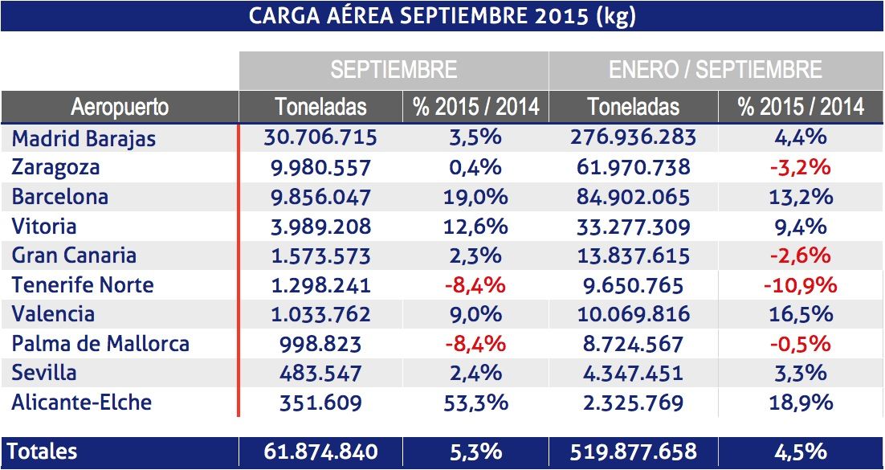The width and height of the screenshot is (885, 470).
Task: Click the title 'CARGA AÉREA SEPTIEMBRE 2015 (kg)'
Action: point(442,17)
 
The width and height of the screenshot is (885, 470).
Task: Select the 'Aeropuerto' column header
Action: point(120,106)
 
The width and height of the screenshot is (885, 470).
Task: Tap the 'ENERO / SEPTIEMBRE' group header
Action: point(715,70)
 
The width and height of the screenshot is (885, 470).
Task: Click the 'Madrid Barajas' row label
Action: point(84,138)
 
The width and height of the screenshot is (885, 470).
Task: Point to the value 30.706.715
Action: point(320,137)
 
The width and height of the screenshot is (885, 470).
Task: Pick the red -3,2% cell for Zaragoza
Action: point(800,167)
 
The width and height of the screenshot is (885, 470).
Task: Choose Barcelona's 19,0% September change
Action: point(475,197)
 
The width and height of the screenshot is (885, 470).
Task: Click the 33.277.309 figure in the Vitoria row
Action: point(633,227)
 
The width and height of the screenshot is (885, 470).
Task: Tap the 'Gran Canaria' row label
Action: point(74,255)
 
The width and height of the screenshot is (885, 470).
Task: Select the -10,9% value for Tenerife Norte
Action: point(800,285)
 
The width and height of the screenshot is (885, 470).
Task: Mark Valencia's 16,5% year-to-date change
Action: point(800,314)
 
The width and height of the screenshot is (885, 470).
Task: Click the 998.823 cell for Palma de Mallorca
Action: point(320,344)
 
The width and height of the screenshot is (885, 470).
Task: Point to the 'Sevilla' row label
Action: point(44,373)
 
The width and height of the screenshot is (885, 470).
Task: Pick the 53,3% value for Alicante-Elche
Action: point(475,402)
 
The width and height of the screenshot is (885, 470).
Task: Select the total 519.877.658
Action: point(633,452)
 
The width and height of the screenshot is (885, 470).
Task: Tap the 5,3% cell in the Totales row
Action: point(475,452)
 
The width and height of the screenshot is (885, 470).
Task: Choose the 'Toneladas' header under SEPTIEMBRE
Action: point(320,106)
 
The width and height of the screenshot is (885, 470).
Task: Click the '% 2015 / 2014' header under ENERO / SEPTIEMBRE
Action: point(800,106)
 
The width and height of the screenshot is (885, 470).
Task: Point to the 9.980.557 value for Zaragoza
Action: point(320,167)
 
